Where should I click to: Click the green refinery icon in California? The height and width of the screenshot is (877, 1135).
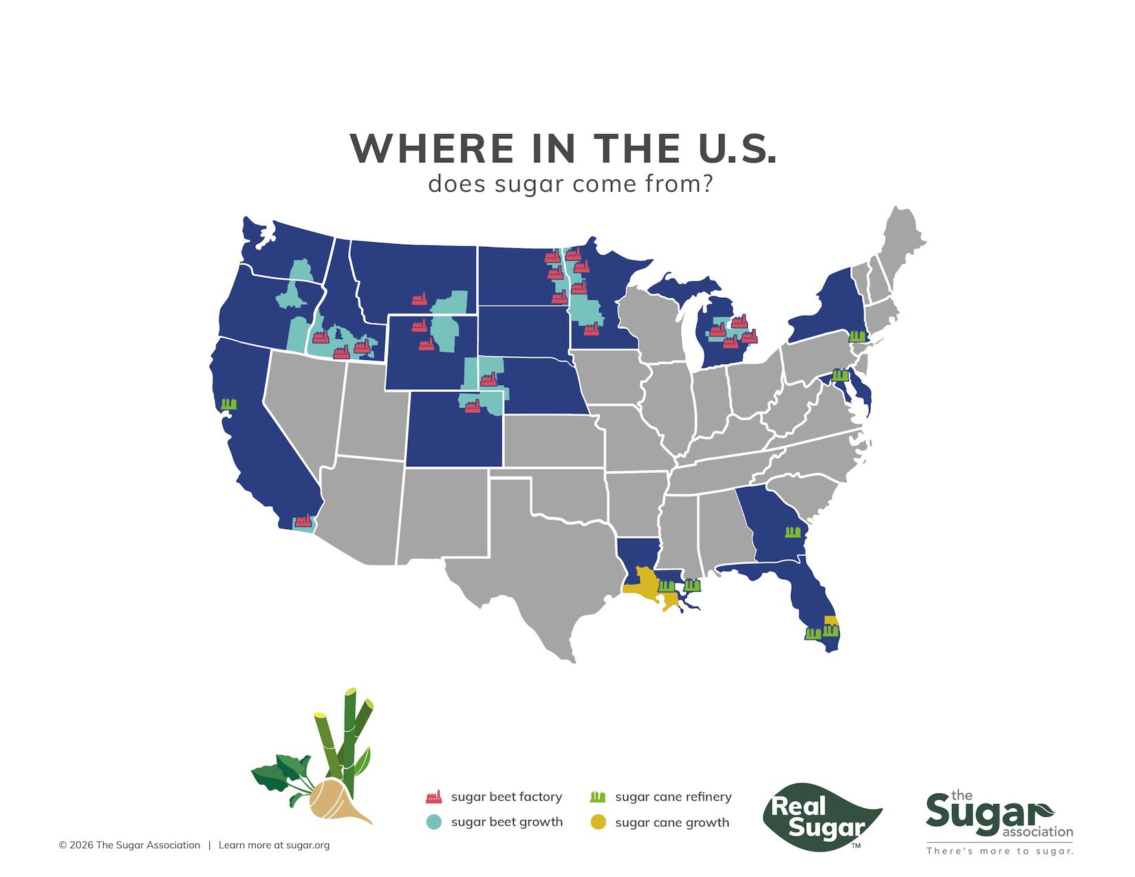tap(229, 404)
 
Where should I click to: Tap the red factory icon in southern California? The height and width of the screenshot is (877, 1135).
tap(303, 521)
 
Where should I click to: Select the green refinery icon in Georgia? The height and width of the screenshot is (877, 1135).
tap(793, 532)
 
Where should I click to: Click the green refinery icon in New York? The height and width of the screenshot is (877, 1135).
tap(856, 336)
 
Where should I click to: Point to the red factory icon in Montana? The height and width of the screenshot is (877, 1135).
tap(419, 299)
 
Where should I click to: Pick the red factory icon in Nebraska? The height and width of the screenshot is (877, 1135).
tap(488, 379)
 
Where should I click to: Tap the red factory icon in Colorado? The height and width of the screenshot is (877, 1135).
tap(472, 407)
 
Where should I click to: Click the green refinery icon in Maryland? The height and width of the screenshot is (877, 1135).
tap(839, 375)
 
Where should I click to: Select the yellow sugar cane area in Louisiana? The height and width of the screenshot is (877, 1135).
tap(643, 585)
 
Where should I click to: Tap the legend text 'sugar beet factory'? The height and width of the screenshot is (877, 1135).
tap(506, 797)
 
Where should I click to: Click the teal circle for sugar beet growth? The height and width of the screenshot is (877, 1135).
tap(433, 822)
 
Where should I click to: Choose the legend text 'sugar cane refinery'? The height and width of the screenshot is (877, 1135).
tap(673, 797)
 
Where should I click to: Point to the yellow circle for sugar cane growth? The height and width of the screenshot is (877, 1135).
tap(598, 822)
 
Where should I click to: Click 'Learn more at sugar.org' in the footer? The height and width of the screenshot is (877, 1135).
tap(274, 845)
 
